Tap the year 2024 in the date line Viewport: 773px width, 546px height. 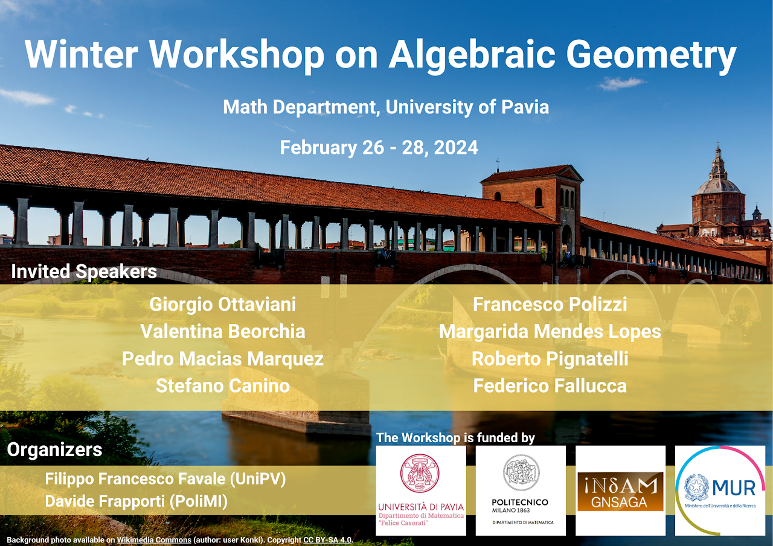point(456,148)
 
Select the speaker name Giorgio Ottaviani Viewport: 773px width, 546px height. point(223,305)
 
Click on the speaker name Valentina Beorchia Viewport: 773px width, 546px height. point(223,331)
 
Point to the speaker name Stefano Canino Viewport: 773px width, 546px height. point(223,386)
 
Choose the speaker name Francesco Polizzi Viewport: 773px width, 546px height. point(550,304)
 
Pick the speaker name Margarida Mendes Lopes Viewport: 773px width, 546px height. point(550,332)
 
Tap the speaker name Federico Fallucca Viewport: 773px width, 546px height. point(550,386)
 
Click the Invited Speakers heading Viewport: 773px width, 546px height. point(84,271)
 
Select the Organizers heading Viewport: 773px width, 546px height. point(54,450)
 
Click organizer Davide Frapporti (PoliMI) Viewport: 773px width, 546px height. point(136,501)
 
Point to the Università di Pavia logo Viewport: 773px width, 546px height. point(421,490)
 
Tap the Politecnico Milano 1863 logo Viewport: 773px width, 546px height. point(521,490)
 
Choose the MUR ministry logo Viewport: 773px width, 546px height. point(720,490)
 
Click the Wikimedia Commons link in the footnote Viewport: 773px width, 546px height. point(154,540)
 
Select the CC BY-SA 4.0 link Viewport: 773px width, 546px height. point(327,540)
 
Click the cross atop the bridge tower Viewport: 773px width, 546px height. point(498,165)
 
